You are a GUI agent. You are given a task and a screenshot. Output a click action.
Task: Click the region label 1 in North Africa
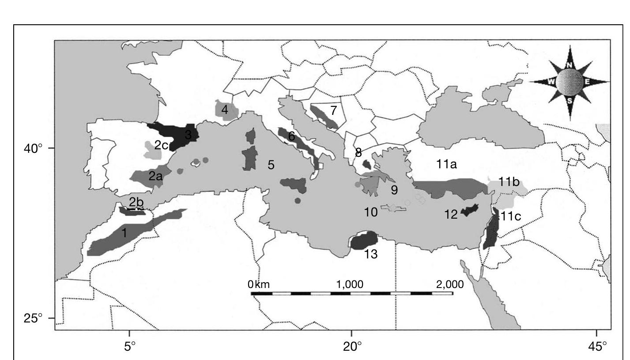click(124, 233)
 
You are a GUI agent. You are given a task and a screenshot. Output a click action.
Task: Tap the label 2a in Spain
click(155, 177)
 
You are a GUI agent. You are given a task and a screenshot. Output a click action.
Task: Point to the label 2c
click(161, 145)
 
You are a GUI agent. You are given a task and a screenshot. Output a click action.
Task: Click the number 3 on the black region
click(189, 135)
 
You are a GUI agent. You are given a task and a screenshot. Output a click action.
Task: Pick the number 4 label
click(225, 110)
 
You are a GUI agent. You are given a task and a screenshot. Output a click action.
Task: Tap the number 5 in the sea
click(271, 165)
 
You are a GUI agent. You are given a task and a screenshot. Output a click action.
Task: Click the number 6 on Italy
click(291, 136)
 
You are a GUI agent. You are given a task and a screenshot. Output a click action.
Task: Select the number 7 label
click(333, 110)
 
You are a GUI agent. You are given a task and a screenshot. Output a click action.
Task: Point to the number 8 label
click(358, 153)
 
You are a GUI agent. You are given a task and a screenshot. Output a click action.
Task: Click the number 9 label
click(394, 190)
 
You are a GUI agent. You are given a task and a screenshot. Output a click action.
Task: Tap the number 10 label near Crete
click(371, 212)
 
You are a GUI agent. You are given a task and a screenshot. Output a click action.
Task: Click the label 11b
click(507, 182)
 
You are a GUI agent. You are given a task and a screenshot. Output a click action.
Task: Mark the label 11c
click(510, 216)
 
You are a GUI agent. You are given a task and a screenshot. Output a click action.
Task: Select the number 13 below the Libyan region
click(371, 254)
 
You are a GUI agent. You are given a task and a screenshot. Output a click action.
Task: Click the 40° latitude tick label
click(33, 148)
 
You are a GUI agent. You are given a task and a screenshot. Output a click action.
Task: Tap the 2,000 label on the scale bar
click(450, 284)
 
